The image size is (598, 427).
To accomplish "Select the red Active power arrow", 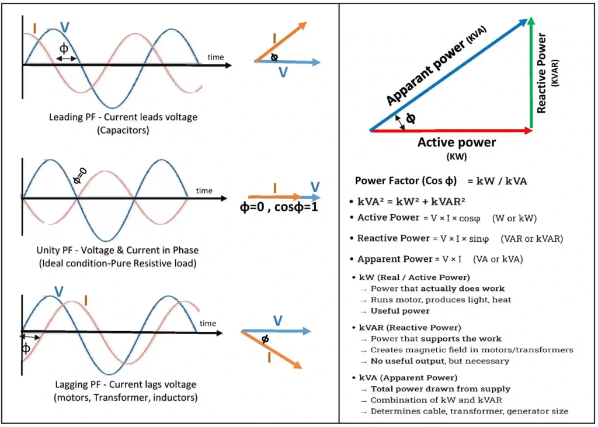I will (x=450, y=131).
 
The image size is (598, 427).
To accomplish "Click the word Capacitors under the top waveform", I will (x=124, y=130).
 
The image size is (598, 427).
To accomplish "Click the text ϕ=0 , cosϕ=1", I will (x=279, y=207).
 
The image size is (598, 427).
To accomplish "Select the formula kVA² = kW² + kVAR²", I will (x=411, y=202).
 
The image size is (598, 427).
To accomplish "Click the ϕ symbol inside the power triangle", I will (x=411, y=118).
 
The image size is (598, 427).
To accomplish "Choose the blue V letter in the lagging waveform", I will (x=58, y=291).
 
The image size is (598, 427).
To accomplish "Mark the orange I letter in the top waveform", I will (x=35, y=27).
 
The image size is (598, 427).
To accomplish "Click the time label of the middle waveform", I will (x=204, y=190).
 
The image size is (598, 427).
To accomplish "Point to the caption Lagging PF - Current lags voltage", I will (x=123, y=384).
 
